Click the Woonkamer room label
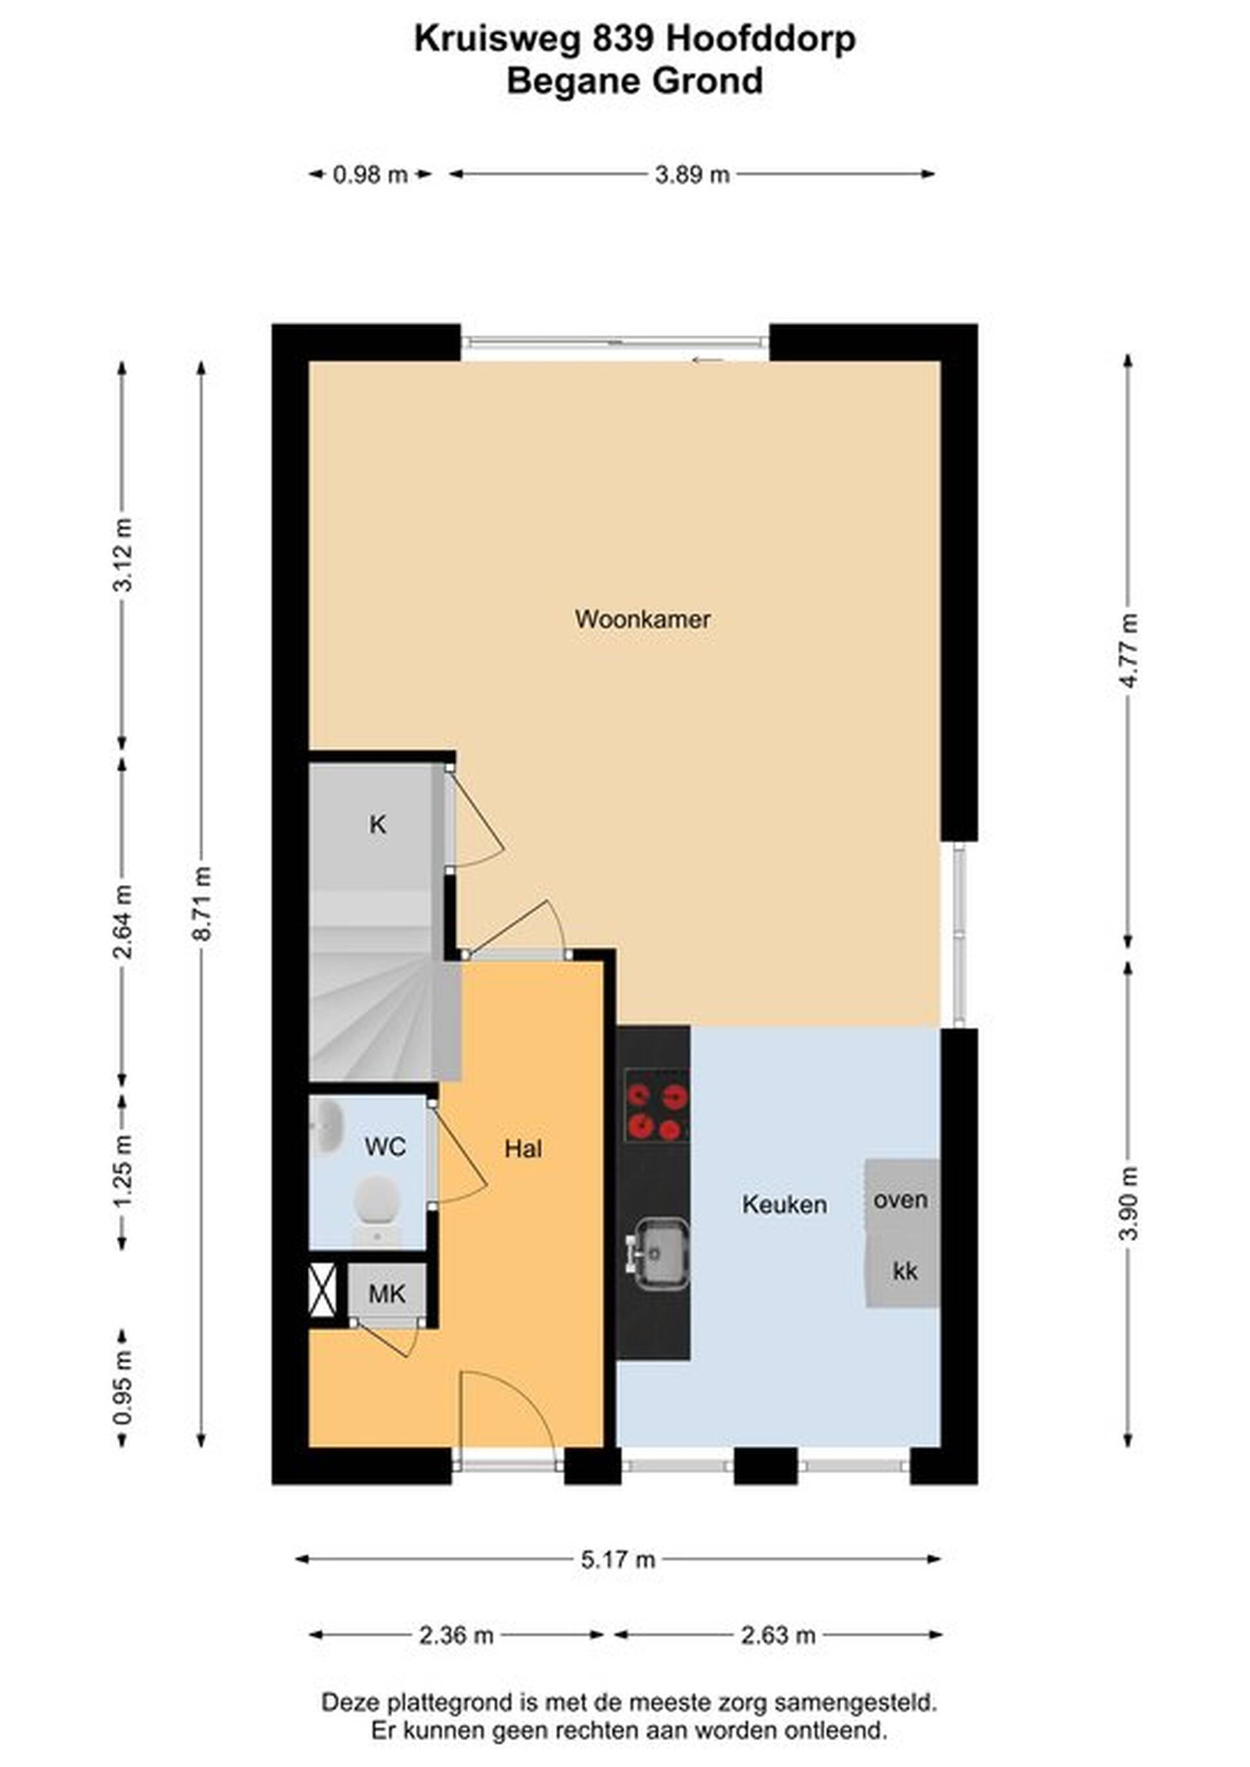(x=643, y=620)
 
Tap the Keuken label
(x=785, y=1205)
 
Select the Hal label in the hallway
(x=523, y=1149)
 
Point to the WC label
(x=385, y=1147)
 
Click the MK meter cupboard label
(x=386, y=1294)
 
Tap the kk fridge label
(x=905, y=1270)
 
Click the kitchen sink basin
(x=660, y=1252)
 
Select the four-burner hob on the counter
(x=656, y=1105)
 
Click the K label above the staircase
(x=377, y=825)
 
